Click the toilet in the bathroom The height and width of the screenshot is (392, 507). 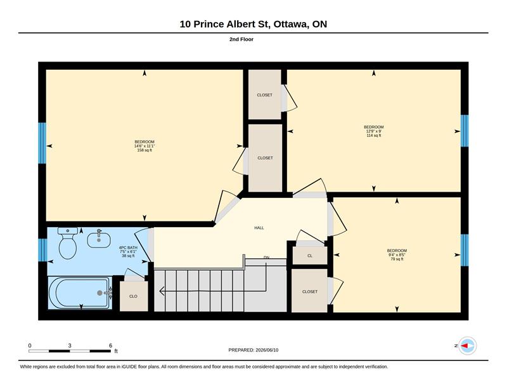coord(68,243)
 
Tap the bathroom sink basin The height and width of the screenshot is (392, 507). coord(99,239)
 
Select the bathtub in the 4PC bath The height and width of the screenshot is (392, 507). coord(80,292)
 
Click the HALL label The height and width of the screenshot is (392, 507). coord(259,228)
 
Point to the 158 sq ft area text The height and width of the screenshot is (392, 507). coord(144,150)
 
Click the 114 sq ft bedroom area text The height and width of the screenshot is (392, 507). coord(374,135)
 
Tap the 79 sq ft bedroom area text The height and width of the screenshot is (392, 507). coord(397,259)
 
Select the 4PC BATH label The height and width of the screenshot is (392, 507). coord(128,247)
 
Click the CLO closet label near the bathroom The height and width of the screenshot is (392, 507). coord(133,296)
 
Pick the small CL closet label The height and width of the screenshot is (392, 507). coord(310,256)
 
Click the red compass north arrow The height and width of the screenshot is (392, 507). coord(465,346)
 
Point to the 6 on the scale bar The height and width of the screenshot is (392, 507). coord(110,346)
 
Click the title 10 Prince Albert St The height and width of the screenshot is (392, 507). coord(225,24)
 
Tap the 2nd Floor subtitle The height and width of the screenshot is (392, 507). coord(241,39)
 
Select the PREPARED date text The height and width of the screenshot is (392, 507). coord(253,350)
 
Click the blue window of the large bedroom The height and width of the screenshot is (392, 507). coord(42,143)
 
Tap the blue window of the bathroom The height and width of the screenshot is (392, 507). coord(42,250)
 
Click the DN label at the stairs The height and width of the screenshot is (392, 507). coord(266,258)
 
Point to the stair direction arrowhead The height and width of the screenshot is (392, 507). coord(162,291)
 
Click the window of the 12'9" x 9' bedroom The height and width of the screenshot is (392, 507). coord(465,131)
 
